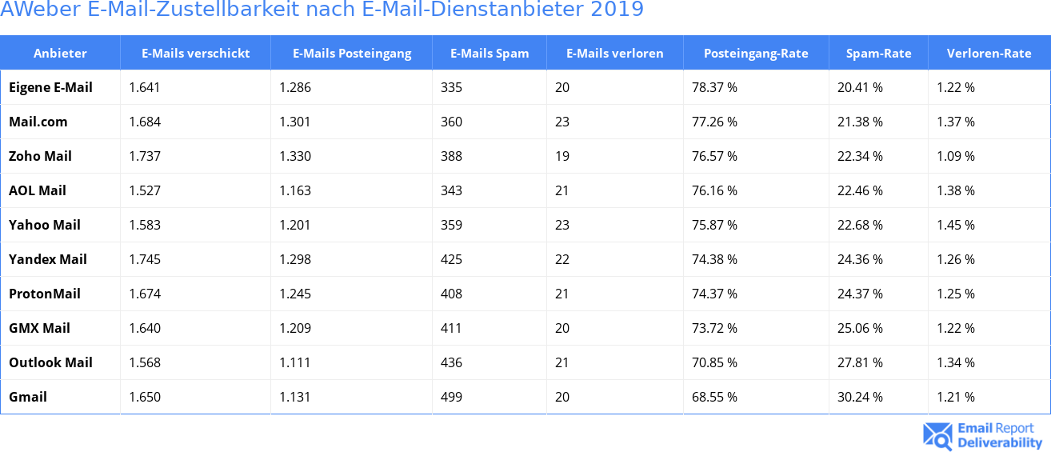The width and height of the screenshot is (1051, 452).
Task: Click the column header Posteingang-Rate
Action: pos(756,54)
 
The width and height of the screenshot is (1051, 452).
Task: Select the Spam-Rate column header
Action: pos(878,54)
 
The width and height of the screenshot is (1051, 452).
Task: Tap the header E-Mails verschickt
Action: pos(195,54)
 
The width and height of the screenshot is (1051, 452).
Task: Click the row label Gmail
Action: pos(28,397)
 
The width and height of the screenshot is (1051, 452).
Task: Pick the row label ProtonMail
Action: pos(45,294)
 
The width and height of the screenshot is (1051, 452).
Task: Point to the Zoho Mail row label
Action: pos(40,156)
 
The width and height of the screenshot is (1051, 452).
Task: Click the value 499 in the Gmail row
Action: pos(451,397)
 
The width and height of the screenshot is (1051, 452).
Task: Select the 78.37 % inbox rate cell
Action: pos(714,87)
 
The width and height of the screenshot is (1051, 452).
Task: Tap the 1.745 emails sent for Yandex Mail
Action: pos(145,259)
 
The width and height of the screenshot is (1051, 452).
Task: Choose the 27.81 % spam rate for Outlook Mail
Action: pos(860,362)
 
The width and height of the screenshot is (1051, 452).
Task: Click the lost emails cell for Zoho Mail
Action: pos(561,156)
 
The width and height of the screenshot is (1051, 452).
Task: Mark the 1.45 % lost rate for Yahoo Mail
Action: pos(956,225)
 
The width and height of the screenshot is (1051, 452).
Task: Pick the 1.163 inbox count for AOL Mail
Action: pos(295,190)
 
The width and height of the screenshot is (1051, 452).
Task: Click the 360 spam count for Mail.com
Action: pos(451,122)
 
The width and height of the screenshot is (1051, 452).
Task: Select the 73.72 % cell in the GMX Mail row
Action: pos(714,328)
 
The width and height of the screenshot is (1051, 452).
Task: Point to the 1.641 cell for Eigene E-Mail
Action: pos(145,87)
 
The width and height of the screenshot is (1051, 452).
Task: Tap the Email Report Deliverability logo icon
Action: pos(937,435)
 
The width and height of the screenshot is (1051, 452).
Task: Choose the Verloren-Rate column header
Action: pos(989,54)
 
